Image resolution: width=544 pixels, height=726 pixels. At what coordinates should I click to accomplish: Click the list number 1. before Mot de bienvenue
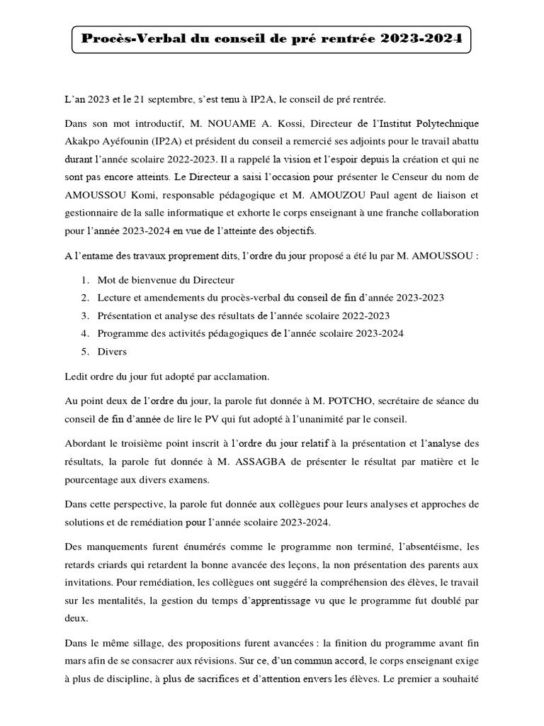pos(84,280)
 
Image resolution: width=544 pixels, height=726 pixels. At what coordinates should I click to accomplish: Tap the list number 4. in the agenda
pos(84,333)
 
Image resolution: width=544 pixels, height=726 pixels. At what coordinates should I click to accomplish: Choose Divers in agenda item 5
pos(112,351)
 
